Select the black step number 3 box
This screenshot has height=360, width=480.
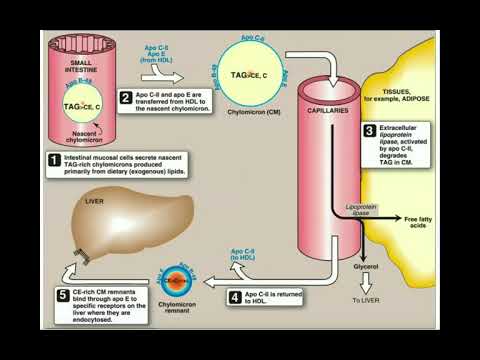coord(369,131)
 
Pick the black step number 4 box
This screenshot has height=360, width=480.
coord(234,296)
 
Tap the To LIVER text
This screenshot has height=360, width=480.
coord(367,299)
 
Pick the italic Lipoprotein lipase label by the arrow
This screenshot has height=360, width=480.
coord(366,210)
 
